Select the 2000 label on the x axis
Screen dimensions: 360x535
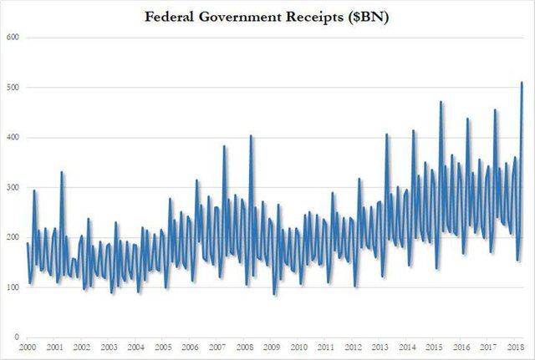click(x=28, y=346)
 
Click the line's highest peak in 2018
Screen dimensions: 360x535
click(x=522, y=82)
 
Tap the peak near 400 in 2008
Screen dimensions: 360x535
click(x=251, y=136)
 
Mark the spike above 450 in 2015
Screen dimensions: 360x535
click(x=441, y=102)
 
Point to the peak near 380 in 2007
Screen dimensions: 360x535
click(x=224, y=147)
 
